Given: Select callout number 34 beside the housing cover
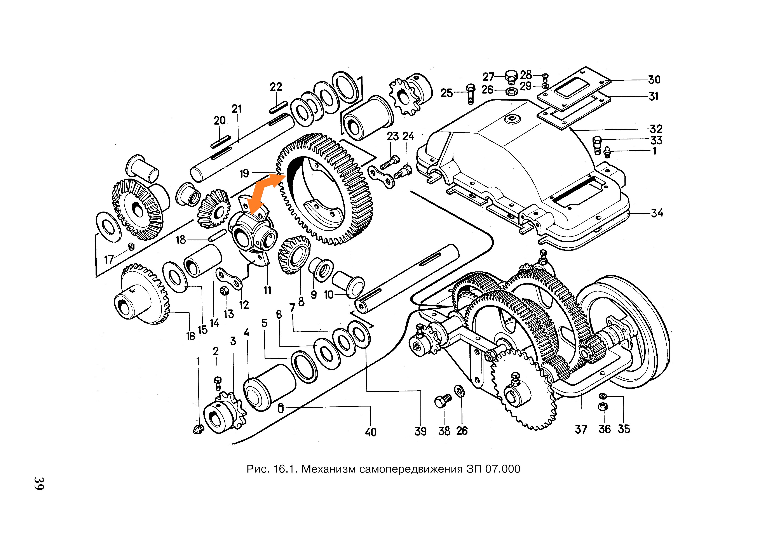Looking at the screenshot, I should (657, 213).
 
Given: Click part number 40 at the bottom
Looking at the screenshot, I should (370, 432).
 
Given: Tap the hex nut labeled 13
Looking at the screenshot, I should (224, 291).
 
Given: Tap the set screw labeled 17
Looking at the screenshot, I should (131, 247).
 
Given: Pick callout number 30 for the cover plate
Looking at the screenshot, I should (654, 80).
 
